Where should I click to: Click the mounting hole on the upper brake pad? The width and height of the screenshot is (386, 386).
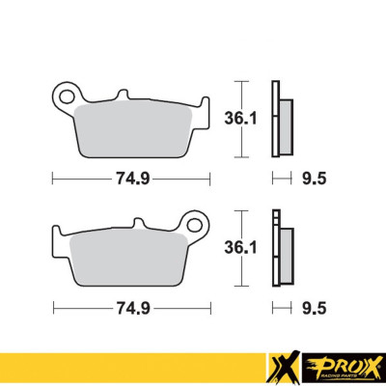tap(66, 96)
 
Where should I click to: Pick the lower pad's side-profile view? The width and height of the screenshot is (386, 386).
tap(282, 253)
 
